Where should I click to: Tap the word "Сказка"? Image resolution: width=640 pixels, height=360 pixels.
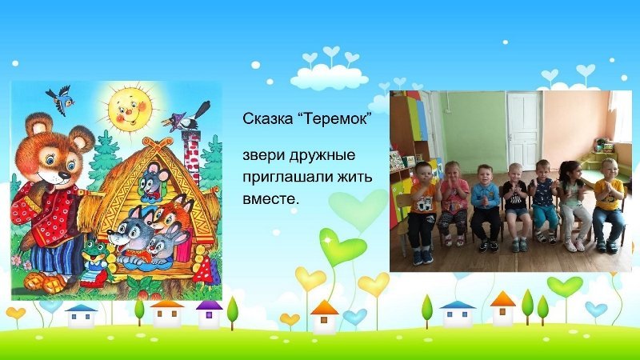[x=267, y=118]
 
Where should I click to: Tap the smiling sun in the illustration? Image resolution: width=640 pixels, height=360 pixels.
[x=129, y=108]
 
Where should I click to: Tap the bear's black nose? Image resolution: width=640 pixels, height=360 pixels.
[x=64, y=176]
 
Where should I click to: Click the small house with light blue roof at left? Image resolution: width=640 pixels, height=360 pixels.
[x=82, y=316]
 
